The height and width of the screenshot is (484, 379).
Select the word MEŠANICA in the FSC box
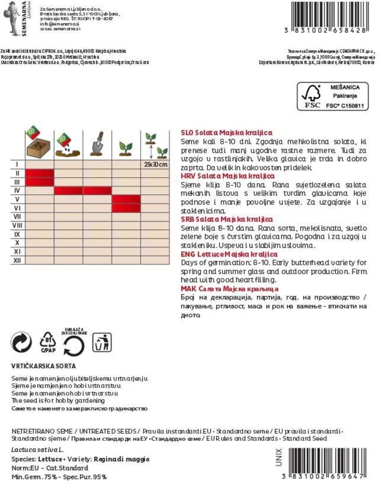tap(345, 87)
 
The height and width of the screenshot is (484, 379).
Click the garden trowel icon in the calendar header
tap(97, 144)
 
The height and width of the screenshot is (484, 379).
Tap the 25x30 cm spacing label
tap(155, 164)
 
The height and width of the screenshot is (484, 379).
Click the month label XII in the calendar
tap(17, 260)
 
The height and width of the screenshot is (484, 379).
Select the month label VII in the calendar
tap(17, 216)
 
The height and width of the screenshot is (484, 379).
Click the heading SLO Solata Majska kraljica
tap(227, 133)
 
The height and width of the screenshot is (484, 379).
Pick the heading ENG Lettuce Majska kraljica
tap(229, 254)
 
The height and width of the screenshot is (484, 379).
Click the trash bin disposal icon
tap(102, 342)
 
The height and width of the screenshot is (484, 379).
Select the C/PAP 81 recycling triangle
tap(48, 342)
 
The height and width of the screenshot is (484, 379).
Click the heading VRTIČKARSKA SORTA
tap(44, 366)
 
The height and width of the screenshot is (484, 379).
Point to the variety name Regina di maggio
tap(122, 459)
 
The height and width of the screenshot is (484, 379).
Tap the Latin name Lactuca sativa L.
tap(37, 450)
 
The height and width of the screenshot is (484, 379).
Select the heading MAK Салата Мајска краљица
tap(229, 289)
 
